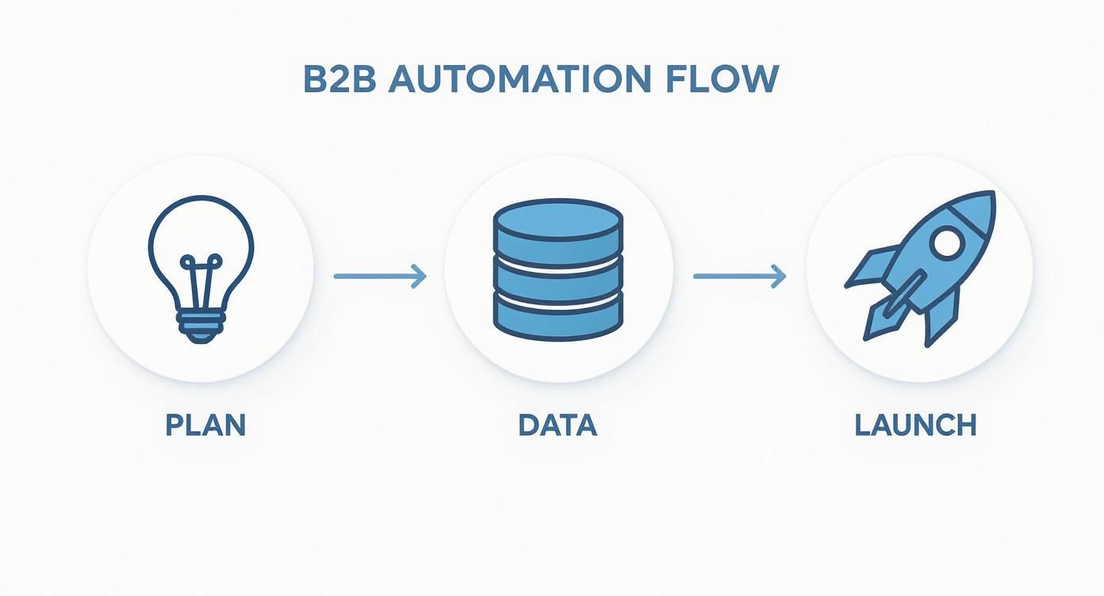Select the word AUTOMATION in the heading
pyautogui.click(x=515, y=80)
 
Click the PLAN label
pyautogui.click(x=205, y=426)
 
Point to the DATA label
pyautogui.click(x=558, y=426)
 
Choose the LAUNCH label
pyautogui.click(x=915, y=426)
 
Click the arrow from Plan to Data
pyautogui.click(x=380, y=276)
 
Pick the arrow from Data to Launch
pyautogui.click(x=739, y=276)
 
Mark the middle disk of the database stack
pyautogui.click(x=558, y=273)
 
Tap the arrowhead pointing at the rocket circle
pyautogui.click(x=780, y=276)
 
